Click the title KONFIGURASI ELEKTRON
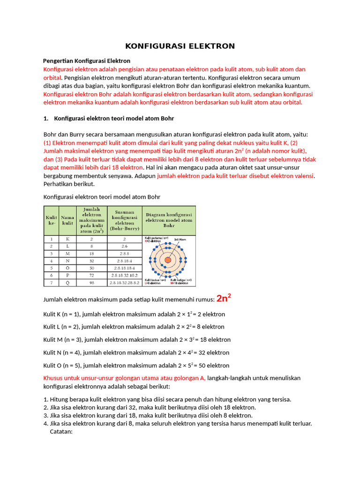[180, 46]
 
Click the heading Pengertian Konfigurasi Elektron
[87, 61]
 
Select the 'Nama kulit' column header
[67, 220]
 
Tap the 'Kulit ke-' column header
[51, 220]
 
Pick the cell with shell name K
[67, 239]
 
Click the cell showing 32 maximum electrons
[91, 261]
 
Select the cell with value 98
[91, 283]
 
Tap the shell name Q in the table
[67, 283]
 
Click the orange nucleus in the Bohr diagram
[168, 260]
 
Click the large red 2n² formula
[224, 299]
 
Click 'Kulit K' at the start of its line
[52, 314]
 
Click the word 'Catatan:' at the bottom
[61, 432]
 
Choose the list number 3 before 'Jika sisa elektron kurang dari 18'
[45, 415]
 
